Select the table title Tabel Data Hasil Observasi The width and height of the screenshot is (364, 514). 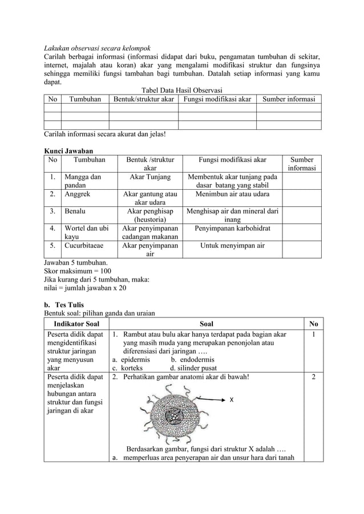tap(181, 90)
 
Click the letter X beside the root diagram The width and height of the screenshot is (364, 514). tap(231, 401)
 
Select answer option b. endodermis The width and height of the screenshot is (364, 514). tap(193, 360)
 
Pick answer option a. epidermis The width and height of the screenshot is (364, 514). tap(131, 360)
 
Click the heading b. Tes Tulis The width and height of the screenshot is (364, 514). tap(64, 304)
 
